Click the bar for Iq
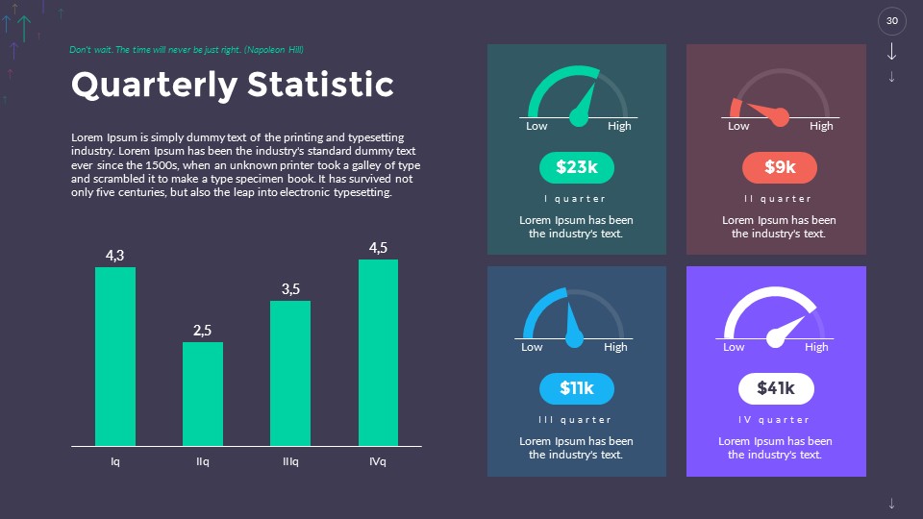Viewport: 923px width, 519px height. pyautogui.click(x=115, y=357)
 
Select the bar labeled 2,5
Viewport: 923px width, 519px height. pyautogui.click(x=203, y=394)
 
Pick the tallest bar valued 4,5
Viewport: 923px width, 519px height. pyautogui.click(x=378, y=353)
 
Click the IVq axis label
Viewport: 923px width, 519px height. pyautogui.click(x=378, y=462)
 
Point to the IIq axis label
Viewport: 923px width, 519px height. pyautogui.click(x=203, y=462)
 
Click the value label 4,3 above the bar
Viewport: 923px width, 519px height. pyautogui.click(x=115, y=255)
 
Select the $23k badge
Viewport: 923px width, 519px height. pyautogui.click(x=577, y=168)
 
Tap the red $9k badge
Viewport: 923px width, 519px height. pyautogui.click(x=780, y=168)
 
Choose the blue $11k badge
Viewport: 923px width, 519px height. pyautogui.click(x=577, y=388)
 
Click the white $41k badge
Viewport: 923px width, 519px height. pyautogui.click(x=776, y=388)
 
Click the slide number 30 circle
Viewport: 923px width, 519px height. pyautogui.click(x=892, y=21)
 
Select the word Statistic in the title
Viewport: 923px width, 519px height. pyautogui.click(x=320, y=85)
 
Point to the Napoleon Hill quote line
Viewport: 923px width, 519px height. pyautogui.click(x=187, y=49)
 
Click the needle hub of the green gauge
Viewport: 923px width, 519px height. pyautogui.click(x=578, y=118)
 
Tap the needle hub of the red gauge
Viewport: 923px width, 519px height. pyautogui.click(x=780, y=117)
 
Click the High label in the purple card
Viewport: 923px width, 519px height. pyautogui.click(x=816, y=347)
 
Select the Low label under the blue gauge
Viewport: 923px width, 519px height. pyautogui.click(x=532, y=347)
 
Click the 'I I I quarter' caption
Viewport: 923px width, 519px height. pyautogui.click(x=575, y=420)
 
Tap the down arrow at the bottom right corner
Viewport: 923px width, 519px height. pyautogui.click(x=892, y=503)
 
